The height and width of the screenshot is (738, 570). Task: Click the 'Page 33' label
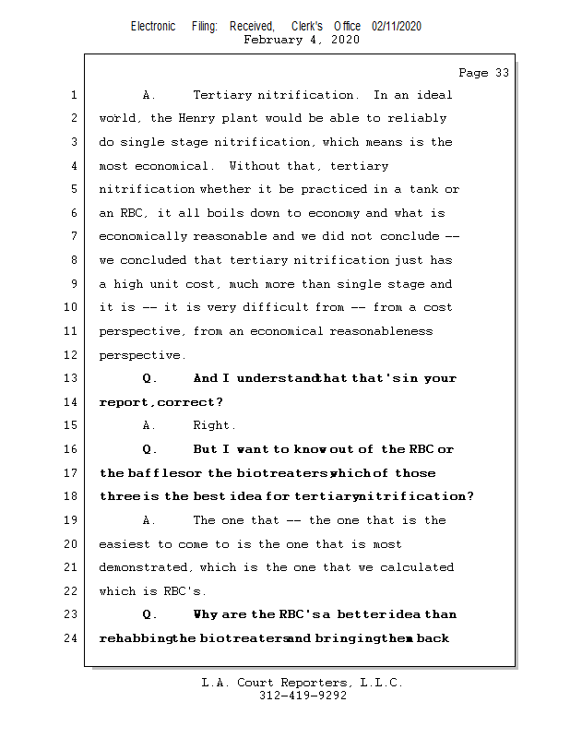tap(483, 73)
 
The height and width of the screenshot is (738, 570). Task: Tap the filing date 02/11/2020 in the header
tap(397, 27)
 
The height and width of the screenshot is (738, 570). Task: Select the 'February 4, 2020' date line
tap(302, 40)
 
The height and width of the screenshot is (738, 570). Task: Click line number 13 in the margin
tap(74, 378)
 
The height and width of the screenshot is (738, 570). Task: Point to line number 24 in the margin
tap(74, 637)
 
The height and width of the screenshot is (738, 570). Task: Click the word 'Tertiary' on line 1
tap(223, 95)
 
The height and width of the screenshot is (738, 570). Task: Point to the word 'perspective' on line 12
tap(139, 355)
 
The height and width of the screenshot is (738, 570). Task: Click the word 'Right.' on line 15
tap(214, 425)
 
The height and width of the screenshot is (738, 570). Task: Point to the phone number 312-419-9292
tap(303, 696)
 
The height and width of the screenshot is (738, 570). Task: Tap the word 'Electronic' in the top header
tap(153, 27)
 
